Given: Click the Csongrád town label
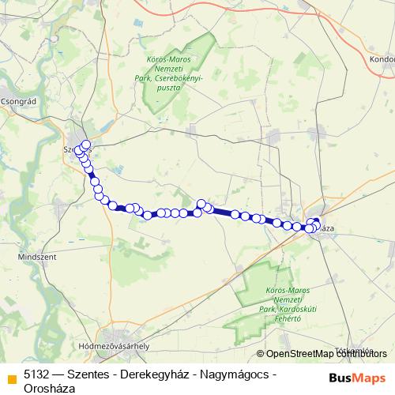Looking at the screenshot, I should tap(17, 101).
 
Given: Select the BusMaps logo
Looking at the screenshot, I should tap(356, 378).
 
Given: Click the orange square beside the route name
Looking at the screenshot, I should tap(10, 378).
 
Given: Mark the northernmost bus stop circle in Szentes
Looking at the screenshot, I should tap(86, 145).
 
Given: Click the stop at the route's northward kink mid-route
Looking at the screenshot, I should tap(201, 204).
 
